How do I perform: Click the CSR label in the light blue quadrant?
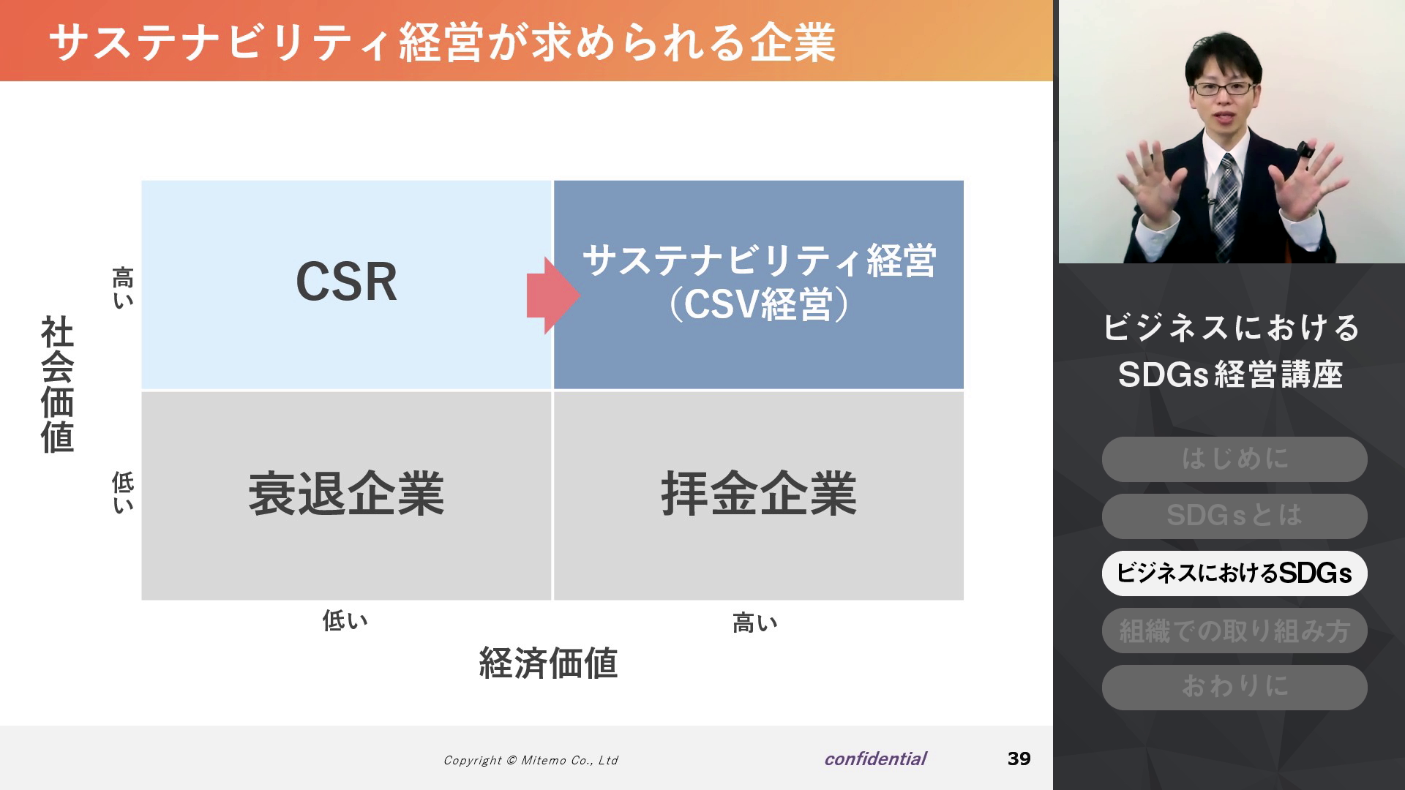tap(346, 282)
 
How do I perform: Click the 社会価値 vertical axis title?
tap(57, 385)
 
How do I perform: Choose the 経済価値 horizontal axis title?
tap(549, 663)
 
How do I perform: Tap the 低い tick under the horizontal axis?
tap(345, 621)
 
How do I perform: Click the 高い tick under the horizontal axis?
tap(755, 623)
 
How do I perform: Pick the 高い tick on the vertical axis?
tap(123, 288)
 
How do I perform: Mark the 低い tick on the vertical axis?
tap(123, 492)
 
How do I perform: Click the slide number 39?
tap(1019, 759)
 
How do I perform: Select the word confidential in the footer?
tap(875, 759)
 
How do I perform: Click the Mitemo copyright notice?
tap(531, 761)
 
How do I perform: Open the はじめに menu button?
tap(1234, 459)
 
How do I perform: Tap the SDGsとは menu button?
tap(1234, 516)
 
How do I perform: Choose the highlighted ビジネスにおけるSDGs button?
tap(1234, 573)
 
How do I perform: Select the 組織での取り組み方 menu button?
tap(1234, 631)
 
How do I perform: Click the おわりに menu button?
tap(1234, 688)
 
